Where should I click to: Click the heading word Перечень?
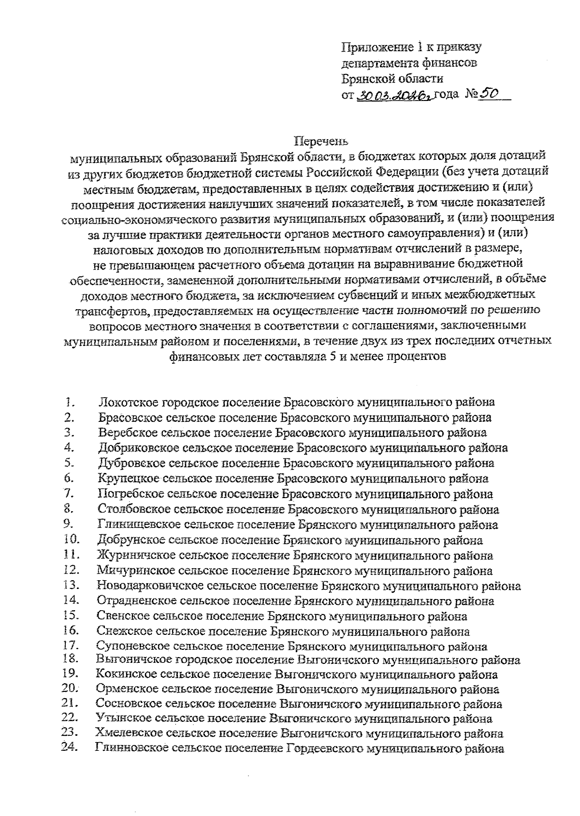click(x=321, y=142)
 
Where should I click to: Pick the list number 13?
click(x=71, y=586)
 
